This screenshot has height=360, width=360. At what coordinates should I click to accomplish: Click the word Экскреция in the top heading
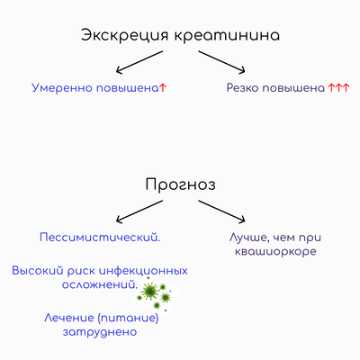125,36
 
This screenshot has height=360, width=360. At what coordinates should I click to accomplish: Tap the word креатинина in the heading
227,35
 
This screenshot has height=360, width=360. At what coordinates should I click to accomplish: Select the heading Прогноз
180,184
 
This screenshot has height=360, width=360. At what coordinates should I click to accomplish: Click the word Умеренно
62,88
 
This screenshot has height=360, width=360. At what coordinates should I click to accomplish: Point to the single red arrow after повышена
163,88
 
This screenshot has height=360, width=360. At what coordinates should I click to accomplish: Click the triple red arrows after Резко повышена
338,88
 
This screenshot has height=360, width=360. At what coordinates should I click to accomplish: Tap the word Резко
241,88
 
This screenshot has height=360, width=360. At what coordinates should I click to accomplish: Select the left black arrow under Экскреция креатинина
139,62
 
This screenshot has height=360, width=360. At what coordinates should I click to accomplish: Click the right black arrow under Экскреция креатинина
221,62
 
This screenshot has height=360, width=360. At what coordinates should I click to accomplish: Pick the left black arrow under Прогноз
139,211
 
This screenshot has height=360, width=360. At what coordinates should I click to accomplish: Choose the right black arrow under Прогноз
221,211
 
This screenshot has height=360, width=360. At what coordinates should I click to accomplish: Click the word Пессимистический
100,238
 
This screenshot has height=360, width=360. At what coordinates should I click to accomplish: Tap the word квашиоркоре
275,252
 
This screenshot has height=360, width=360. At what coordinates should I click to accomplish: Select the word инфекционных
143,271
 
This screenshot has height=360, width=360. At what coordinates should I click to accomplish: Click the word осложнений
100,284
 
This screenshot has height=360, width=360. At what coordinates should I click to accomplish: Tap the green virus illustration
155,294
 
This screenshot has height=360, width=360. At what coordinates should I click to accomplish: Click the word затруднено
100,332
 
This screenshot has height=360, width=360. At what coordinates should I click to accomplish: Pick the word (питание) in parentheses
129,318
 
